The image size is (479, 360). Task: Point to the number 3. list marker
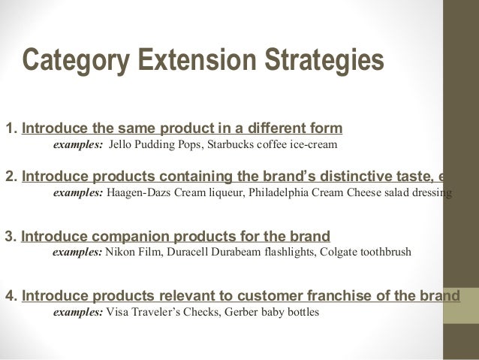coord(11,236)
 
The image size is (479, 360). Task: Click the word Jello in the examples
coord(122,144)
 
